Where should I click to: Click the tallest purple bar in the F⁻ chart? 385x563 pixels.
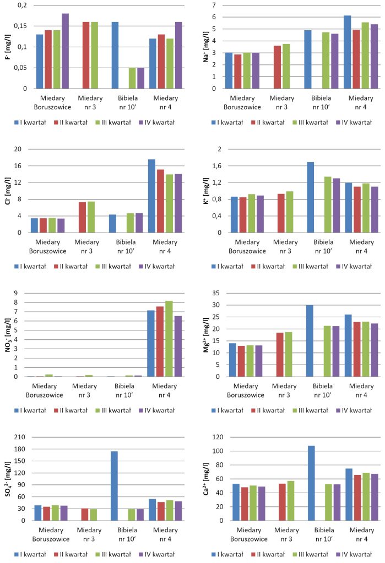point(65,51)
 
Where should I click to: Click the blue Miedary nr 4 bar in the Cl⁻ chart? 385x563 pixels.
point(151,196)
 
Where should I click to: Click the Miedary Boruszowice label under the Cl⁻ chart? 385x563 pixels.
point(51,246)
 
